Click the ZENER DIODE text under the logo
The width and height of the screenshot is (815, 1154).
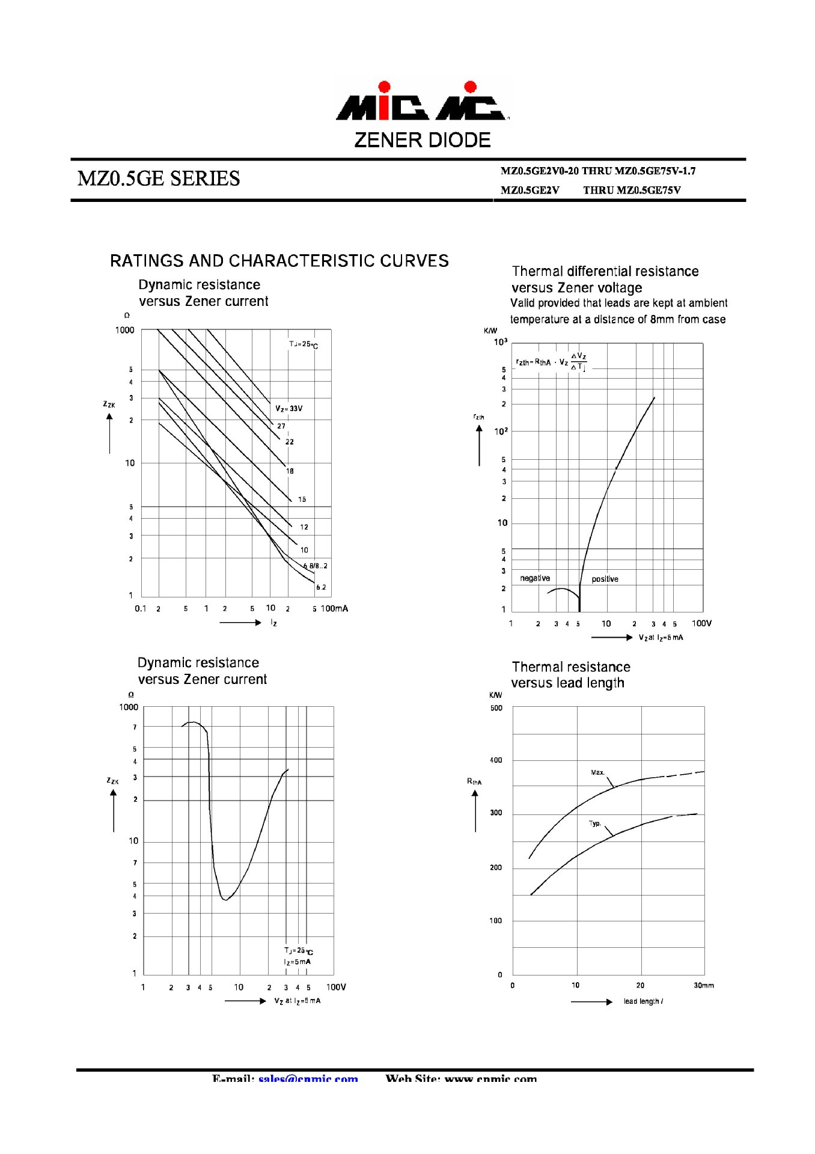pyautogui.click(x=422, y=141)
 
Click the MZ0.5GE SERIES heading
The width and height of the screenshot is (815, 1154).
pyautogui.click(x=159, y=179)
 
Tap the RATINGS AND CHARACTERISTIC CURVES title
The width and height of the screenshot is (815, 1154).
pyautogui.click(x=279, y=261)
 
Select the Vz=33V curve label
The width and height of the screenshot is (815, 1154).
pyautogui.click(x=289, y=409)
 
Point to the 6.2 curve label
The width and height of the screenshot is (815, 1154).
pyautogui.click(x=321, y=587)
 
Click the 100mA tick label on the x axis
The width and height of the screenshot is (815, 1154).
pyautogui.click(x=334, y=609)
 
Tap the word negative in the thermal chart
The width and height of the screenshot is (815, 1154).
pyautogui.click(x=534, y=578)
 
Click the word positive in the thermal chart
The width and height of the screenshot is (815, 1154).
pyautogui.click(x=605, y=579)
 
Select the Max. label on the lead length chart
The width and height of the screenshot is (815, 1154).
pyautogui.click(x=597, y=772)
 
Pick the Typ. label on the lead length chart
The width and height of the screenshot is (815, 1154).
pyautogui.click(x=594, y=823)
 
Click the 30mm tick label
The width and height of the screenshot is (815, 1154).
pyautogui.click(x=703, y=986)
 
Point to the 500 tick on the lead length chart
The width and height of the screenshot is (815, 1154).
pyautogui.click(x=496, y=708)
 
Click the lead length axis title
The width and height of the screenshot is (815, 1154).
pyautogui.click(x=643, y=1001)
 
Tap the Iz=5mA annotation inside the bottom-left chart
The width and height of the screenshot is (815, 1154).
pyautogui.click(x=298, y=962)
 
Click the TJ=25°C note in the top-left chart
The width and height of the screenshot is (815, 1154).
pyautogui.click(x=303, y=344)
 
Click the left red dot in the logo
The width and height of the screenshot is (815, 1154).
pyautogui.click(x=384, y=87)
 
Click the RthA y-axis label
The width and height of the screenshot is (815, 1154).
pyautogui.click(x=474, y=781)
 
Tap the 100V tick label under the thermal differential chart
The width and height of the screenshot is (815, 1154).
pyautogui.click(x=701, y=623)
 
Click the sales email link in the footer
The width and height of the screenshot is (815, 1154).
pyautogui.click(x=308, y=1079)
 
